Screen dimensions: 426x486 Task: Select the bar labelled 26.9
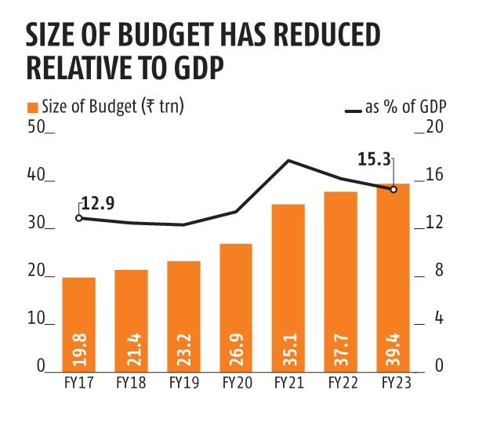236,307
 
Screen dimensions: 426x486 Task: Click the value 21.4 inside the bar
132,347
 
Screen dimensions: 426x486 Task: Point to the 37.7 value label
341,347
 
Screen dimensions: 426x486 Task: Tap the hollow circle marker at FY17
78,217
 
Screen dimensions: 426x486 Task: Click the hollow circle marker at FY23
394,189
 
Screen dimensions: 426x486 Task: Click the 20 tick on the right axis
434,128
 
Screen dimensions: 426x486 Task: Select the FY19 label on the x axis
183,384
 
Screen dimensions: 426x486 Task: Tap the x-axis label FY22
341,384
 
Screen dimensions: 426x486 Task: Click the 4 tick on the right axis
438,319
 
